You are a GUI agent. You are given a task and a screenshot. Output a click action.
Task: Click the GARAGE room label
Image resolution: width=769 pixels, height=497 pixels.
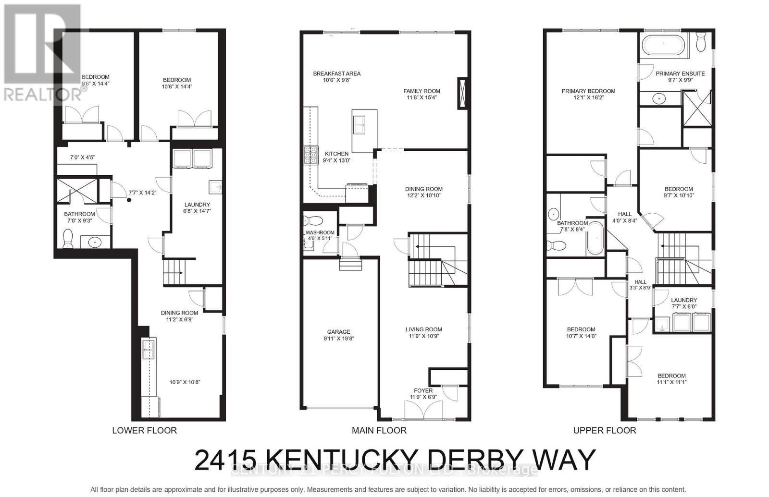click(x=338, y=332)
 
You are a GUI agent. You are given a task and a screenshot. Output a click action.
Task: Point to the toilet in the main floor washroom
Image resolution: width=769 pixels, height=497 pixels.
click(x=315, y=221)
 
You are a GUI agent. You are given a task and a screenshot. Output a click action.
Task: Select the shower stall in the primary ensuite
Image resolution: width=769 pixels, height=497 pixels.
click(x=696, y=109)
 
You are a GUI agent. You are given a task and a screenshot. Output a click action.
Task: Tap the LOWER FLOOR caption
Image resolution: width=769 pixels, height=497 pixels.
click(x=144, y=430)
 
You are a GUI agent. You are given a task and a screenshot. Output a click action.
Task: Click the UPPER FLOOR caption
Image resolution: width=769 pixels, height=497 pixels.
click(x=605, y=430)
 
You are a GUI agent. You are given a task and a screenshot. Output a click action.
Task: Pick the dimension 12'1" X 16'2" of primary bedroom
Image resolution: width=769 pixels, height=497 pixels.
click(x=588, y=97)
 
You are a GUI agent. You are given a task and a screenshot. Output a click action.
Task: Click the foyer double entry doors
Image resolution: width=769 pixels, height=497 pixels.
click(x=423, y=411)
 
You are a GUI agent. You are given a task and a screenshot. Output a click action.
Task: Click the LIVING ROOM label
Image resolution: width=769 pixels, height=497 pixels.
click(x=423, y=329)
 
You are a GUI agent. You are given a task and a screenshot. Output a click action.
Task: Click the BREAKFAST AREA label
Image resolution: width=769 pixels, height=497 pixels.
click(x=336, y=73)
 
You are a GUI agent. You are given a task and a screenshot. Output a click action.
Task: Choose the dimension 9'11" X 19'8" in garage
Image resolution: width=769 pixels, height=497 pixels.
click(x=338, y=339)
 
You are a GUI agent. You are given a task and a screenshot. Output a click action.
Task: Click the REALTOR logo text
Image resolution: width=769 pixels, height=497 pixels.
click(x=42, y=94)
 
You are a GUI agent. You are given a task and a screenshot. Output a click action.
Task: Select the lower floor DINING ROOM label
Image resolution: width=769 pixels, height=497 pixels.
click(x=179, y=313)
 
